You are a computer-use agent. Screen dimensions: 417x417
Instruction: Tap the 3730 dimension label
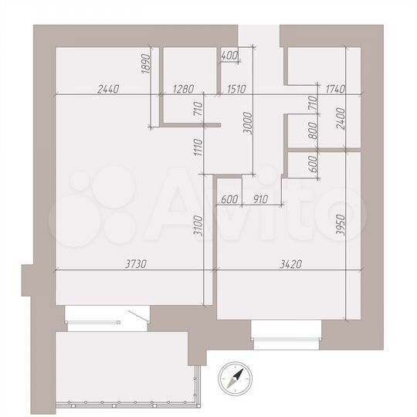[x=136, y=263]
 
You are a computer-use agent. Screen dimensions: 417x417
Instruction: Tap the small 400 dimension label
[x=229, y=56]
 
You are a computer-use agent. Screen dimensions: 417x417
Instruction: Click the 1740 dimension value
[x=335, y=89]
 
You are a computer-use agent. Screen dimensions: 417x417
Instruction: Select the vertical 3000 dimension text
[x=247, y=124]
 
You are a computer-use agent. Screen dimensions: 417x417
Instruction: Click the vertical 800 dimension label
[x=313, y=131]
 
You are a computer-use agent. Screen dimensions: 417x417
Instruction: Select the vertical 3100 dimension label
[x=198, y=225]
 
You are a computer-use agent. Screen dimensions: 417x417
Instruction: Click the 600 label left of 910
[x=229, y=200]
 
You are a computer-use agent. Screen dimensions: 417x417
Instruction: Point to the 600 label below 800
[x=313, y=164]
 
